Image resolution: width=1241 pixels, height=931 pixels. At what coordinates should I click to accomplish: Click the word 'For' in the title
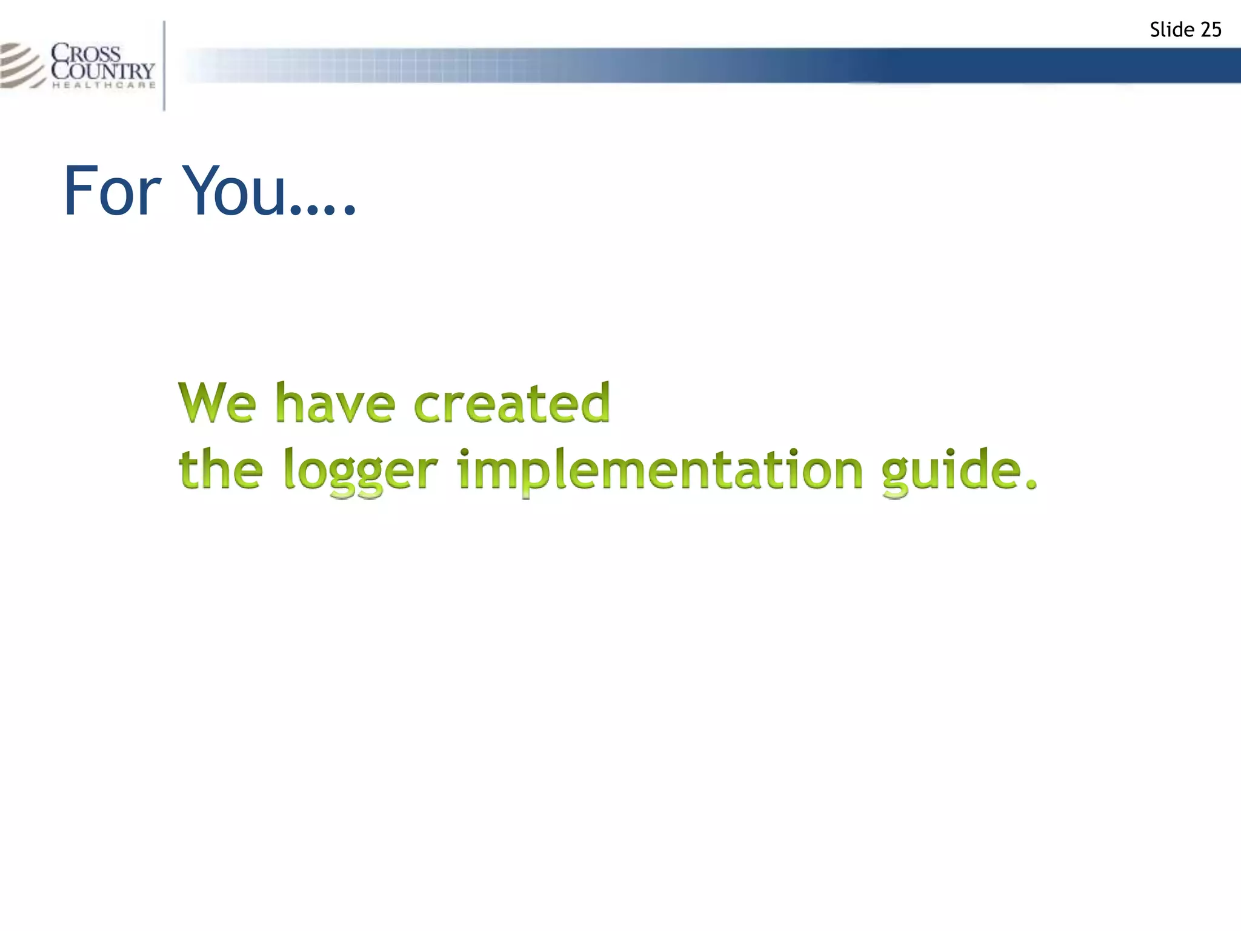(111, 192)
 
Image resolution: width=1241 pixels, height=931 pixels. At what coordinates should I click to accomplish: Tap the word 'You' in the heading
(233, 192)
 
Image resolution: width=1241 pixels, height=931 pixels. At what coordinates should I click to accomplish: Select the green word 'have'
(335, 402)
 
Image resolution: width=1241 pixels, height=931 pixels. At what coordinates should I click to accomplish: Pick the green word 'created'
(512, 402)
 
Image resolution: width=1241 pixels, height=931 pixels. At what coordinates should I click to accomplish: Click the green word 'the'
(221, 469)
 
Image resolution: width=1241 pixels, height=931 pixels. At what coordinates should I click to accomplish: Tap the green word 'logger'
(360, 473)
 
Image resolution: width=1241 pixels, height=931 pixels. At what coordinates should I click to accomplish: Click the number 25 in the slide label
(1209, 30)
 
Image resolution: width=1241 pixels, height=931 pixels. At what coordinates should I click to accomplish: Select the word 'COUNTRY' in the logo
(103, 70)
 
